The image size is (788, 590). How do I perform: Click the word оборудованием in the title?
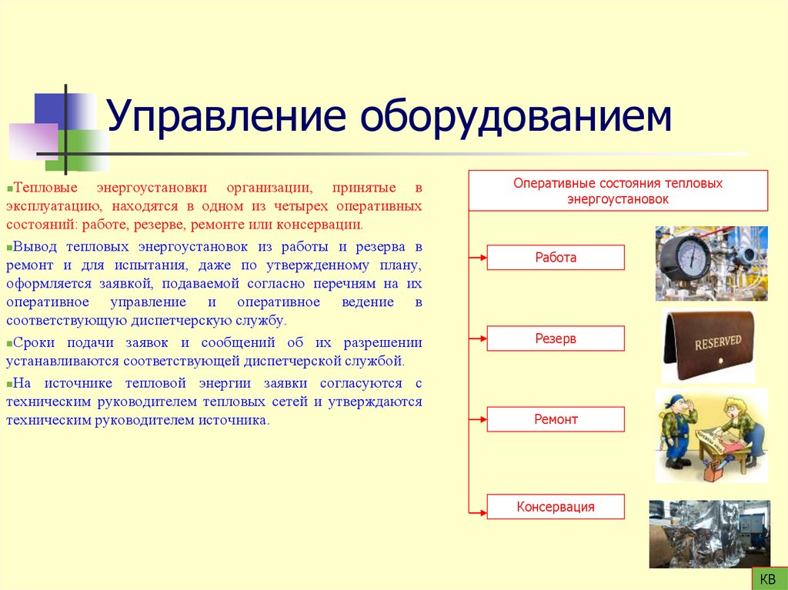coord(513,118)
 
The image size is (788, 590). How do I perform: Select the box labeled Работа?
coord(556,258)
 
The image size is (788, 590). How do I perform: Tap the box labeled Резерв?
coord(556,338)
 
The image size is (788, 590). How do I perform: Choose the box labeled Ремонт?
coord(556,419)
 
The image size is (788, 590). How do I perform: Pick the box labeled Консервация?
coord(556,507)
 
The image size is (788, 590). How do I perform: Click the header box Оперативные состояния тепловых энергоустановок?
coord(618,192)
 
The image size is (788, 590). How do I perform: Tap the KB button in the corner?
coord(767,578)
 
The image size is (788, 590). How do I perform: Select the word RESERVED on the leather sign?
coord(717,342)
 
